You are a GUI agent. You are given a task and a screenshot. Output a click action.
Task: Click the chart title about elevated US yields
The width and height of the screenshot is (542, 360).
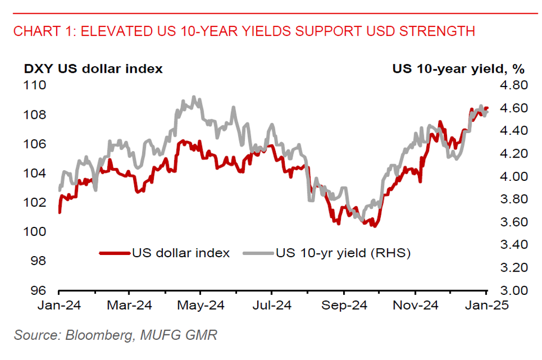click(244, 31)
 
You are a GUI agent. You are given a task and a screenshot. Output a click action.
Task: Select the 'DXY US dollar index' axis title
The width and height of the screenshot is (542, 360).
click(93, 68)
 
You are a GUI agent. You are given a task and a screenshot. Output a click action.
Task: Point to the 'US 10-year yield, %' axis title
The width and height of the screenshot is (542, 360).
click(458, 68)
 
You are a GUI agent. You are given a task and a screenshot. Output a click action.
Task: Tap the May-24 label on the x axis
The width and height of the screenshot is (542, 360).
click(200, 305)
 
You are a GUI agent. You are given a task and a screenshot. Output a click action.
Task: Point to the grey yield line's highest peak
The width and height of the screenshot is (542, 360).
click(194, 97)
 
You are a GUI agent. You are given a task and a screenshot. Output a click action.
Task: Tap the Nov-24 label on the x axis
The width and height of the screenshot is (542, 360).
click(415, 305)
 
